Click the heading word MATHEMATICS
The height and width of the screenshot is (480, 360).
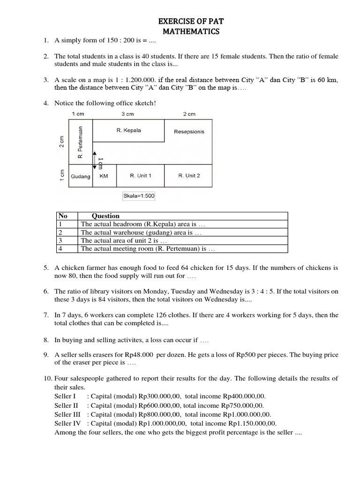(x=191, y=32)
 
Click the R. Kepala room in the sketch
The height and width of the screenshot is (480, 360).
(x=128, y=130)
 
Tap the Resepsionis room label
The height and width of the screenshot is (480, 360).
(x=189, y=132)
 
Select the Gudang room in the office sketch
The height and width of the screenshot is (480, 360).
(x=81, y=176)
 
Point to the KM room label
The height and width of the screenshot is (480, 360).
(x=104, y=176)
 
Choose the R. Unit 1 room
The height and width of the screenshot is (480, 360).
(x=140, y=176)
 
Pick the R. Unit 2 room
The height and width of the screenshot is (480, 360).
(x=189, y=176)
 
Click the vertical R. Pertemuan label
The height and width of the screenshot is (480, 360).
(x=80, y=142)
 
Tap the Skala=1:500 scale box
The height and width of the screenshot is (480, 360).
(x=138, y=196)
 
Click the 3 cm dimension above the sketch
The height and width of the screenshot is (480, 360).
(x=128, y=114)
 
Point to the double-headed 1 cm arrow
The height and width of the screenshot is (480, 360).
(x=95, y=160)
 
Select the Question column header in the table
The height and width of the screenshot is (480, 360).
(x=105, y=216)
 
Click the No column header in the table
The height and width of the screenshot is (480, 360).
(x=63, y=216)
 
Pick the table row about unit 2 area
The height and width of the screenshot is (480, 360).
(x=124, y=240)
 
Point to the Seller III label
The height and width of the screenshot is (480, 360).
(x=67, y=414)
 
